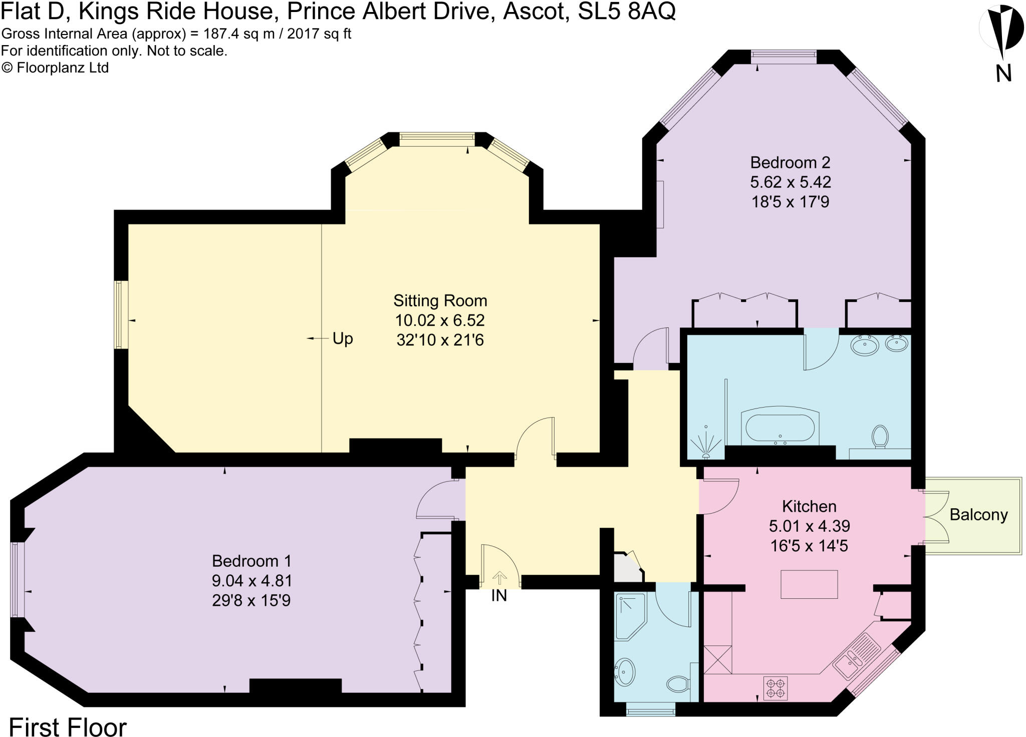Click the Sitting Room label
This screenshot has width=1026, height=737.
[x=440, y=300]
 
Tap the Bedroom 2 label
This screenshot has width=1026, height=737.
[x=790, y=162]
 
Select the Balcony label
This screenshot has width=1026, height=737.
[x=978, y=515]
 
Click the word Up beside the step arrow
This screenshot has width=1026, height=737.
[x=343, y=339]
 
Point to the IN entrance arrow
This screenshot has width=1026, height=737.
[x=499, y=578]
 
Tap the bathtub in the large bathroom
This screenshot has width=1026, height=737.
[x=780, y=429]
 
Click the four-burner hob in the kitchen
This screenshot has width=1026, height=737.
[x=776, y=688]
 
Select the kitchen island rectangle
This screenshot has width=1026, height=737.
[x=809, y=584]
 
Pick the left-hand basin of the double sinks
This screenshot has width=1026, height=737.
[x=865, y=345]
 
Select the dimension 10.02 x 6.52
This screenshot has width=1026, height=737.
[x=440, y=320]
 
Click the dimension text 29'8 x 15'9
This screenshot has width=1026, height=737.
[x=251, y=600]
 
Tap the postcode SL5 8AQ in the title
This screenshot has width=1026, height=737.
[x=626, y=11]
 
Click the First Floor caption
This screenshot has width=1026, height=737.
[x=68, y=726]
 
